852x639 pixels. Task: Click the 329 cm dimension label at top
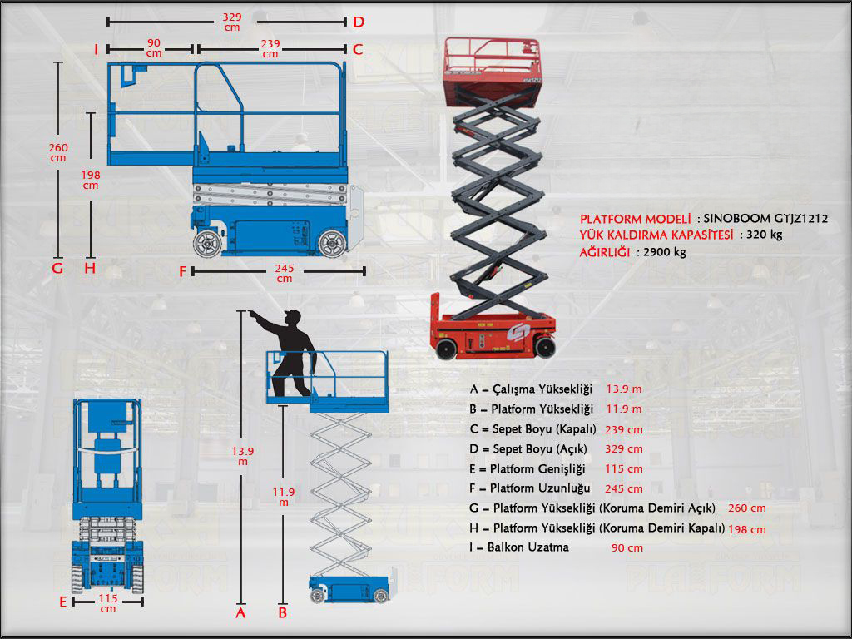[x=232, y=21]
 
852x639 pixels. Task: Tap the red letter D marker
[x=358, y=22]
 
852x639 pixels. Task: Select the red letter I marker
[x=97, y=50]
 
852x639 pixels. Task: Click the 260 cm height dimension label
[x=57, y=152]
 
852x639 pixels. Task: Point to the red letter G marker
[x=57, y=269]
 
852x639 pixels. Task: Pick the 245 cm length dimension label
[x=285, y=273]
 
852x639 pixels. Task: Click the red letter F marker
[x=183, y=271]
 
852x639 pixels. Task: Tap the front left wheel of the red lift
[x=446, y=349]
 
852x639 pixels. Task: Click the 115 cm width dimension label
[x=108, y=603]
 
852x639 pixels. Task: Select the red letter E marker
[x=62, y=601]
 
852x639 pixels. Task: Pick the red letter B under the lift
[x=283, y=613]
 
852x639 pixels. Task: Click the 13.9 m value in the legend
[x=624, y=389]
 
